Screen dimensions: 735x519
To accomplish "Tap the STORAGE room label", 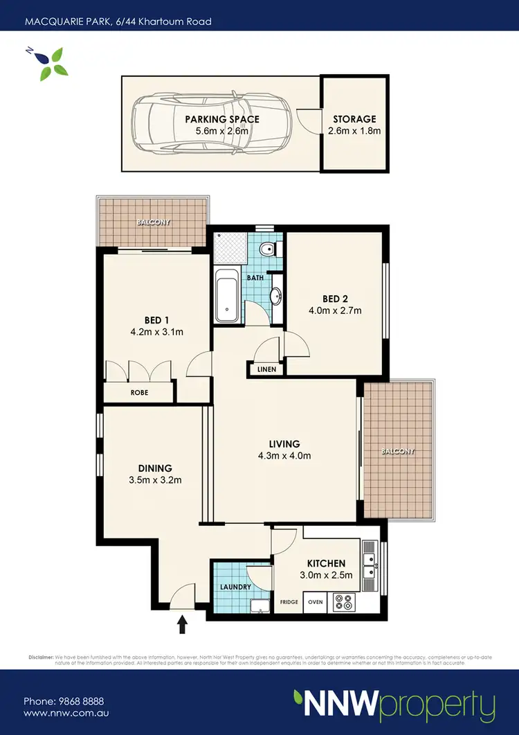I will click(354, 119).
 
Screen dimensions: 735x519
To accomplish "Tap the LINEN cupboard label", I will click(266, 369).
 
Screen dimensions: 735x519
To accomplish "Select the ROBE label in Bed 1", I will click(139, 393).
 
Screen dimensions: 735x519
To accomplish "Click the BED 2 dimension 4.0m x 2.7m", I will click(335, 310).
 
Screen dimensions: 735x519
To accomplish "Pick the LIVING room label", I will click(284, 444).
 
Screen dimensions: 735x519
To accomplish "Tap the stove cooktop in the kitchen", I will click(343, 601).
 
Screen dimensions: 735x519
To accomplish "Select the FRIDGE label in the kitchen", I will click(289, 602).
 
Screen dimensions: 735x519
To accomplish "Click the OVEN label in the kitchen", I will click(316, 602).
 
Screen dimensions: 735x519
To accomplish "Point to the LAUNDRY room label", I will click(235, 587).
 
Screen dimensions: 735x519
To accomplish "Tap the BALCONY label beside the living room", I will click(397, 452).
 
